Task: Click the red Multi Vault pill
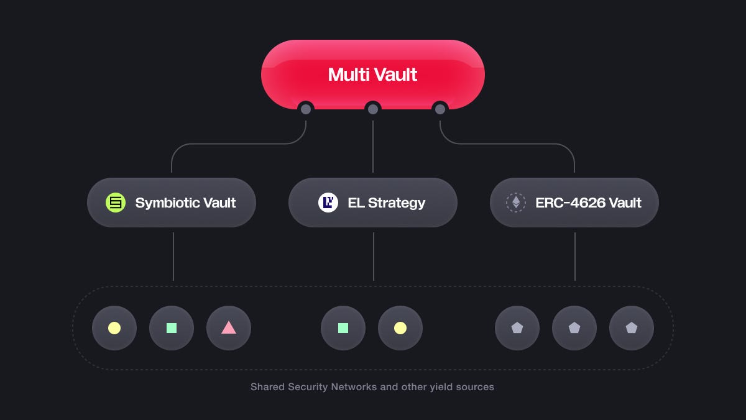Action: pyautogui.click(x=373, y=75)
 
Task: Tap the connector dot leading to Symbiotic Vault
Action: pyautogui.click(x=306, y=109)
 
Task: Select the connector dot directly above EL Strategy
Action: pyautogui.click(x=373, y=109)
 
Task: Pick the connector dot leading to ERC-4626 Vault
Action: pyautogui.click(x=440, y=109)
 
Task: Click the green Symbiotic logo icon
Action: pyautogui.click(x=116, y=203)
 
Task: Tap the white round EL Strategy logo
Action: pyautogui.click(x=328, y=203)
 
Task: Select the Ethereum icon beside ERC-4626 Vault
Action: pyautogui.click(x=516, y=203)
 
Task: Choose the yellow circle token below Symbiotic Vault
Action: pyautogui.click(x=114, y=328)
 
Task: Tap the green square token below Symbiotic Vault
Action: pyautogui.click(x=172, y=328)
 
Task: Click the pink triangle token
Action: pyautogui.click(x=229, y=328)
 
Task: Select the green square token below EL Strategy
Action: pyautogui.click(x=343, y=328)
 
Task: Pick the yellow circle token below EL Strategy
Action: pyautogui.click(x=400, y=328)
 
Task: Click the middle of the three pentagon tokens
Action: pyautogui.click(x=574, y=328)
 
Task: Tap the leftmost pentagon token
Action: pyautogui.click(x=517, y=328)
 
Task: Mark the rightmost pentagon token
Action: pyautogui.click(x=632, y=328)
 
